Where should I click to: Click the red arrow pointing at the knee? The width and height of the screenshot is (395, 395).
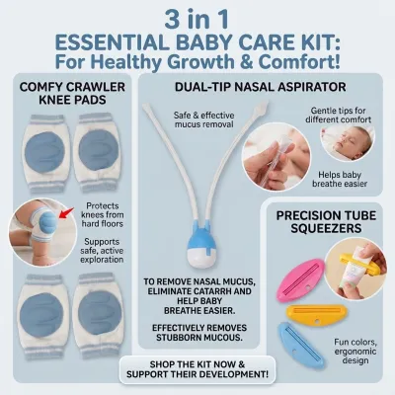(66, 213)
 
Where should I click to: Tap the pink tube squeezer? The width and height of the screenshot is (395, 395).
(300, 279)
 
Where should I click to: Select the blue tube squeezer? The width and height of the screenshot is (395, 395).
(300, 345)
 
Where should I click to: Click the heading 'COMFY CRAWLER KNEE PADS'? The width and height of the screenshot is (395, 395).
(72, 93)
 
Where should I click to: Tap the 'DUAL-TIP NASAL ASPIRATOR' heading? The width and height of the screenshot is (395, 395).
(260, 87)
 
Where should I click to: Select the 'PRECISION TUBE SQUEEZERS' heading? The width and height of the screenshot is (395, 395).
(326, 221)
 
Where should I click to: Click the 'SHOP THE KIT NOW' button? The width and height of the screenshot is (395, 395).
(197, 369)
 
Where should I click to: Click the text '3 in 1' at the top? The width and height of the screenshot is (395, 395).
(197, 20)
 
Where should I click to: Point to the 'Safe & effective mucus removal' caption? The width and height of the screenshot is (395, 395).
(204, 119)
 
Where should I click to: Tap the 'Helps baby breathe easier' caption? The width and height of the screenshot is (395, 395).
(340, 179)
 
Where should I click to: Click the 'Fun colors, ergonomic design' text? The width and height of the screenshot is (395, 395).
(355, 352)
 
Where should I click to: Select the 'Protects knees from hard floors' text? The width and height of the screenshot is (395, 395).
(103, 215)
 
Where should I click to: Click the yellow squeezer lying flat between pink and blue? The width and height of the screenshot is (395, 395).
(316, 314)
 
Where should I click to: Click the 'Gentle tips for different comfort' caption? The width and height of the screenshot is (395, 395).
(338, 115)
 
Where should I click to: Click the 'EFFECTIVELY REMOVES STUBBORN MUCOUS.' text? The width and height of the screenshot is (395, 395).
(199, 333)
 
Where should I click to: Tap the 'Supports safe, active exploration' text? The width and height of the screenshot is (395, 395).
(102, 251)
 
